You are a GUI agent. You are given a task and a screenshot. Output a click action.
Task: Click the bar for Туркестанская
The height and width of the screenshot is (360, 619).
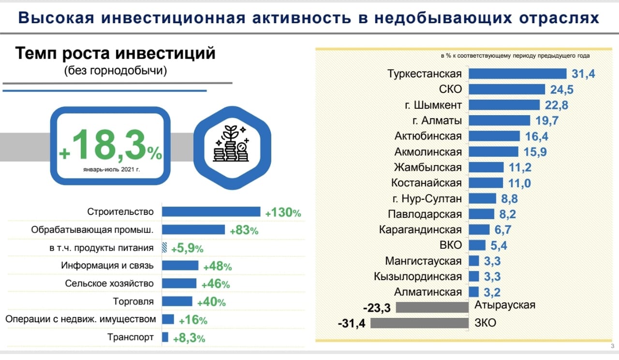point(517,74)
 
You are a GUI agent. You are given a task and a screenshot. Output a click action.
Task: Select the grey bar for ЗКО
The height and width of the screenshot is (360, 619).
point(419,323)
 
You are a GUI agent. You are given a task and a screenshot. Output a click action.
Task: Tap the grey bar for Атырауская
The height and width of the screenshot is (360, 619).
point(432,307)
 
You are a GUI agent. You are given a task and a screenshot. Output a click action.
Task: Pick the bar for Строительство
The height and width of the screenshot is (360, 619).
point(211,211)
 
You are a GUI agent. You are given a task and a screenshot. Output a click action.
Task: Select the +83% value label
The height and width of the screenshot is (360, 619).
point(244,230)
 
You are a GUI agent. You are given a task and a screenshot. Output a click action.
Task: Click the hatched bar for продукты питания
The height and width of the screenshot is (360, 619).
point(164,248)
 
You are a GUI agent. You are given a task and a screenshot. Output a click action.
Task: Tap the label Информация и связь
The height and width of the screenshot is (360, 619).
point(107,266)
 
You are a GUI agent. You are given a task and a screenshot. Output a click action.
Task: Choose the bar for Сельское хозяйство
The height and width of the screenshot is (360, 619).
point(179,284)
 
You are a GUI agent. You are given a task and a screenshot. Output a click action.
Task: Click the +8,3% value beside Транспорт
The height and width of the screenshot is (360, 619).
point(189,338)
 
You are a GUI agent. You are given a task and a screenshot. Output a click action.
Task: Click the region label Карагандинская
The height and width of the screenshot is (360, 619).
point(420,229)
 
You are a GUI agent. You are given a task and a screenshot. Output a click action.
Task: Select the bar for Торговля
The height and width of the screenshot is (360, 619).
point(177,301)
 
